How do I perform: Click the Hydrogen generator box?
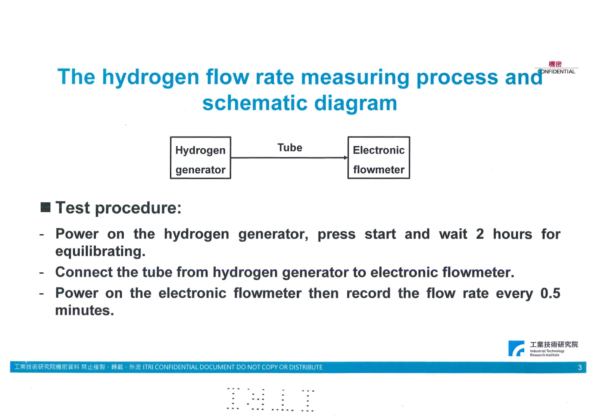click(200, 158)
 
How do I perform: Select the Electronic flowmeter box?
click(378, 158)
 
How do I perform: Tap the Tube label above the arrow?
click(290, 148)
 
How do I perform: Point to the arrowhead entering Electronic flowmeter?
click(345, 157)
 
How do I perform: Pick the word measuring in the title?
click(355, 77)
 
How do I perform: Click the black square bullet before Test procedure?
click(45, 207)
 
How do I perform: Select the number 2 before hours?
click(480, 234)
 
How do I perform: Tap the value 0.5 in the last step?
click(550, 293)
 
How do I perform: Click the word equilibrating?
click(100, 251)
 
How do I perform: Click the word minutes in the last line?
click(84, 310)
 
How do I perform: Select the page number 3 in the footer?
click(580, 367)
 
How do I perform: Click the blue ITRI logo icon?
click(516, 348)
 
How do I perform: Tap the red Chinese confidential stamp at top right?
click(555, 64)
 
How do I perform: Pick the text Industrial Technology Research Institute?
click(547, 353)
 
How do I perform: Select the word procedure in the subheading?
click(138, 208)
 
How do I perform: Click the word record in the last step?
click(368, 293)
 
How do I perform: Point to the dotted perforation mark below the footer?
click(270, 399)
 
